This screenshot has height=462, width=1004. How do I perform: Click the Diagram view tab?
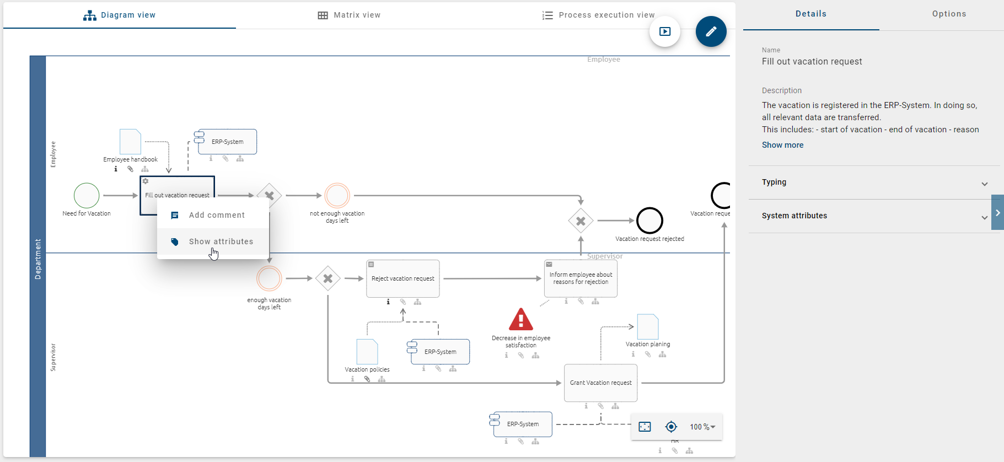click(120, 15)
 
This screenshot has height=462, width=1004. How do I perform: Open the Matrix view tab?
click(349, 15)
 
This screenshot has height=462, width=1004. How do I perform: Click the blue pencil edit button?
click(711, 31)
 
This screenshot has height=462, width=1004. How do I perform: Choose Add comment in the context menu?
click(216, 215)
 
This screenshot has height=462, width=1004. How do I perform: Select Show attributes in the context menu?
click(221, 241)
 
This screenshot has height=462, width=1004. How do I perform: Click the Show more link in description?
click(782, 145)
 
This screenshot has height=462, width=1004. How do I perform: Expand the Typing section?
click(874, 182)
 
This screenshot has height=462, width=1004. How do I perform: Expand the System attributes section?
click(874, 216)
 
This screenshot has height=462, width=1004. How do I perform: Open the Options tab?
click(949, 14)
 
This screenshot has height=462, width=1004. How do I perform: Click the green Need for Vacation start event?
click(87, 195)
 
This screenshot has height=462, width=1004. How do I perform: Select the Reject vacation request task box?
click(403, 279)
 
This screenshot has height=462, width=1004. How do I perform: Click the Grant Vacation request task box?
click(600, 383)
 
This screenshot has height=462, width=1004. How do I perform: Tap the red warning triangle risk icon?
click(520, 320)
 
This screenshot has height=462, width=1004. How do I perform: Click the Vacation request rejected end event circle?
click(649, 221)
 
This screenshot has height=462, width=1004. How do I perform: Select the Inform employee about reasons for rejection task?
click(581, 279)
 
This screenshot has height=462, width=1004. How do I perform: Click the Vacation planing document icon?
click(648, 326)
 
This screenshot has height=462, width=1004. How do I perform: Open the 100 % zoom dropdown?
click(702, 427)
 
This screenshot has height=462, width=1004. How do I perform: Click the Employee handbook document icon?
click(130, 142)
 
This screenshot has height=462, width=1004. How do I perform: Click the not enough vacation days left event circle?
click(337, 196)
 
